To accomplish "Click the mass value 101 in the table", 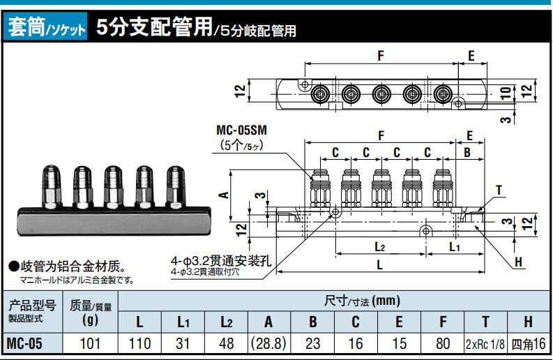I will [x=90, y=344].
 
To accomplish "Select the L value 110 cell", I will [x=140, y=344].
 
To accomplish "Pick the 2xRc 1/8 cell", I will [x=486, y=344].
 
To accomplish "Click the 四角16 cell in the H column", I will [x=528, y=344].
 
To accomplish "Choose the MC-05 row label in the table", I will [x=31, y=344].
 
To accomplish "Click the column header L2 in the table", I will [x=227, y=322].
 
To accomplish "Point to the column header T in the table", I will [x=486, y=322].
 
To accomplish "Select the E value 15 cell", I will [x=400, y=344].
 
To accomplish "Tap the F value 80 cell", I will [x=443, y=344].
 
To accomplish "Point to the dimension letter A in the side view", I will [x=225, y=195].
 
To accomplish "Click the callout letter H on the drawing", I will [x=518, y=262].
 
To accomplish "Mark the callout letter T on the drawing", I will [x=499, y=189].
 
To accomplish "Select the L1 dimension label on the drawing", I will [x=454, y=247].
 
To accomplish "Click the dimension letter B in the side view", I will [x=467, y=152].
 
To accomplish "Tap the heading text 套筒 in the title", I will [x=25, y=29].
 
